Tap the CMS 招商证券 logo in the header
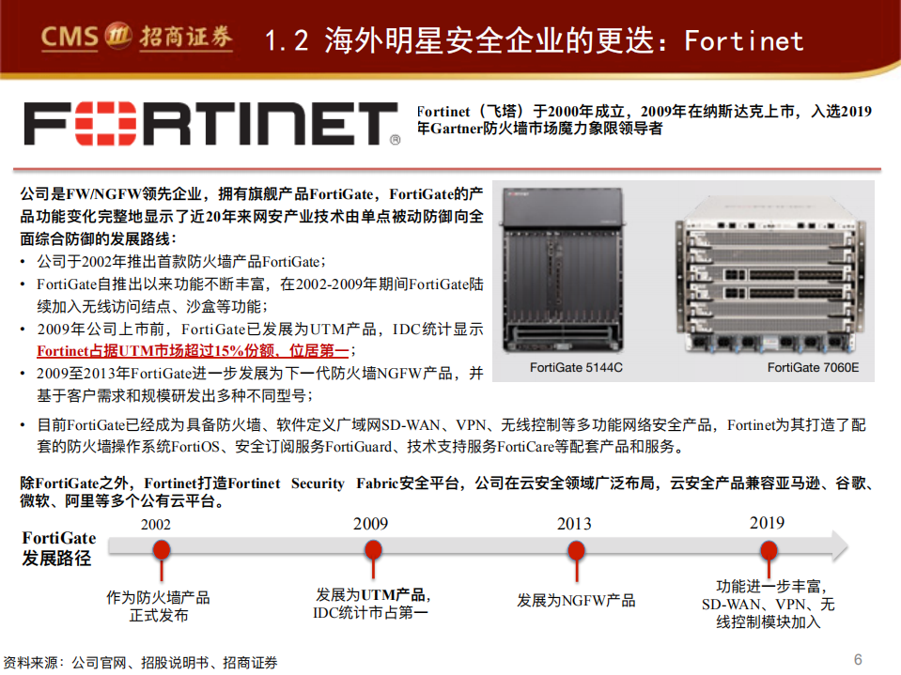click(x=136, y=38)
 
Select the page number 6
click(x=858, y=659)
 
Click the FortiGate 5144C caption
click(x=576, y=367)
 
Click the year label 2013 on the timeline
click(x=574, y=524)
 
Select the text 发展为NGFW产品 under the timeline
click(x=575, y=600)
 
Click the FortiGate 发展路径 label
click(x=58, y=548)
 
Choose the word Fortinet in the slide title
click(x=743, y=40)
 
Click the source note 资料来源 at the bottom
click(x=141, y=662)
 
